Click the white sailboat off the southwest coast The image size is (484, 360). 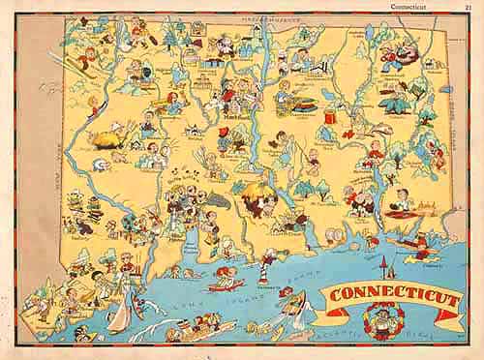[122, 315]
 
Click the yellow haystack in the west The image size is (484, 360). [104, 138]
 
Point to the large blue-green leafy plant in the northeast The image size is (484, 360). [396, 101]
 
